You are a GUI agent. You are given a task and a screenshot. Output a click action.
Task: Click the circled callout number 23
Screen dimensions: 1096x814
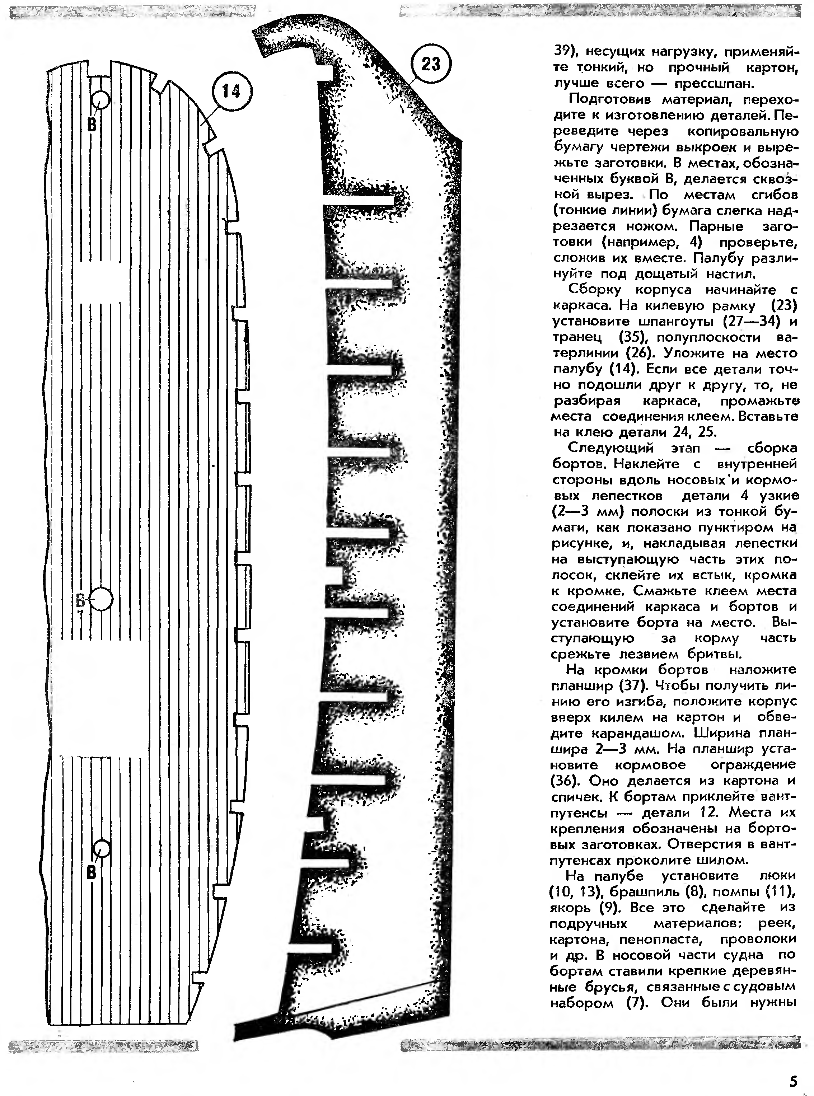431,64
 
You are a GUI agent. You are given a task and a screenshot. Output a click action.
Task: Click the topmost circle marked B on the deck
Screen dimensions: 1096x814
100,100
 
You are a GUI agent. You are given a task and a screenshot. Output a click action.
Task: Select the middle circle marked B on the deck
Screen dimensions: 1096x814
101,599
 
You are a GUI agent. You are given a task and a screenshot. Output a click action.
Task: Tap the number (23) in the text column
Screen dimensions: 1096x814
783,305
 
